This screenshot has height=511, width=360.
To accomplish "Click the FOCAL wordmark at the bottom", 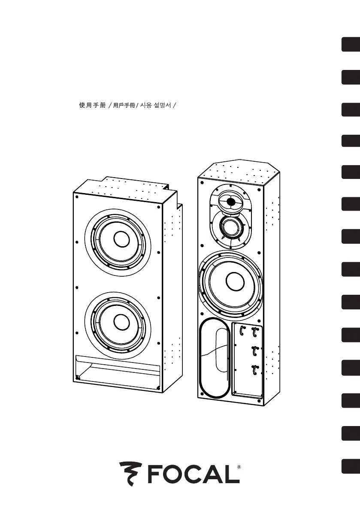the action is tap(194, 475).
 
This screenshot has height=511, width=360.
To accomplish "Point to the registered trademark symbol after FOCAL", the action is tap(239, 467).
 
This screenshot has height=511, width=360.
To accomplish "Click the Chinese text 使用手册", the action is tap(93, 105).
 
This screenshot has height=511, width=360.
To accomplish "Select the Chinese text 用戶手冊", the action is tap(124, 105).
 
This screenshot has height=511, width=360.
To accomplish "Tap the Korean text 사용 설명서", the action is tap(155, 105).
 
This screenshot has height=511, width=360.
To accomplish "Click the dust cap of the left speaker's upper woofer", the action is tap(121, 239).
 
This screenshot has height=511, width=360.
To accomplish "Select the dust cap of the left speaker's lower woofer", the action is tap(120, 321).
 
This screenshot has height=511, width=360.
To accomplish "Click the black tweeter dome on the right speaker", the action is tap(230, 202).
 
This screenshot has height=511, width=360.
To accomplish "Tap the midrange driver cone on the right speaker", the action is tap(231, 226).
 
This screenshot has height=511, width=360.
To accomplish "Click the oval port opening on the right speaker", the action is tap(214, 358).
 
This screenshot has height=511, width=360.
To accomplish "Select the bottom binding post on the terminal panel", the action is tap(254, 370).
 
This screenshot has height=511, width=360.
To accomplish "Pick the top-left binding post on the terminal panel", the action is tap(242, 331).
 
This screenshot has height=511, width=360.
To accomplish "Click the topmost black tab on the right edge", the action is tap(351, 45).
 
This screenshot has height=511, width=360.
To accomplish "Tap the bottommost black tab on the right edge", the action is tap(351, 466).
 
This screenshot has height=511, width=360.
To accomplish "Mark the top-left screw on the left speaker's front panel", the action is tap(76, 197).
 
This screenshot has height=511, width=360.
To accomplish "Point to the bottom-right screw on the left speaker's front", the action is tap(158, 388).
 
